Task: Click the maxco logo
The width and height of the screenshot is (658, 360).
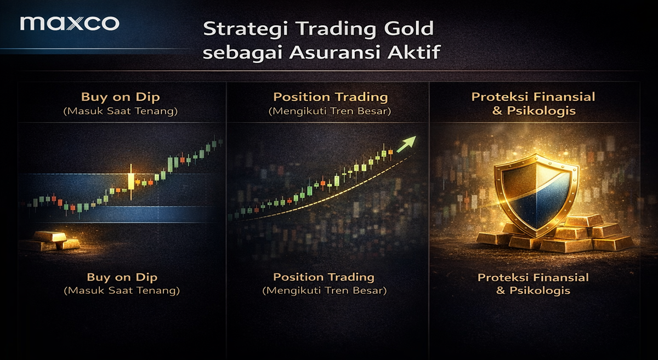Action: click(69, 24)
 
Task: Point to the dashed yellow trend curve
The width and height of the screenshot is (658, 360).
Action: click(329, 195)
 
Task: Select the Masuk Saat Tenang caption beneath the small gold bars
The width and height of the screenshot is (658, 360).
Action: click(122, 290)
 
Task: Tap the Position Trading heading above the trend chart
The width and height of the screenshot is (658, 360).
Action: click(331, 98)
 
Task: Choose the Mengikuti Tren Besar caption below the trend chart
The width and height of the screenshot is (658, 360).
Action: click(324, 290)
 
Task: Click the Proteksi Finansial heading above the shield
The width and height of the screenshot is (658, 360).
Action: click(533, 98)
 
